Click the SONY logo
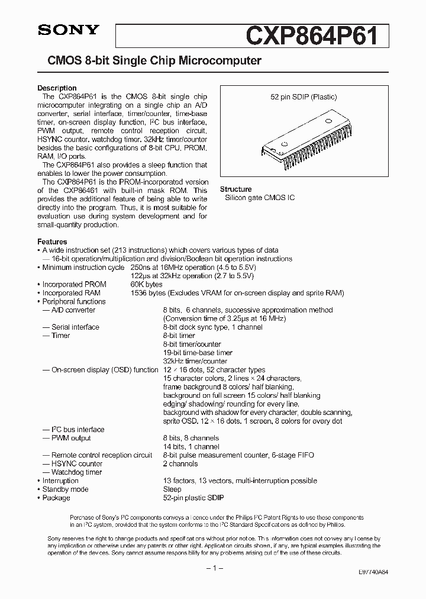pyautogui.click(x=60, y=29)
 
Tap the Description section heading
pyautogui.click(x=57, y=88)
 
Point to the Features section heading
pyautogui.click(x=52, y=242)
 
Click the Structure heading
pyautogui.click(x=235, y=189)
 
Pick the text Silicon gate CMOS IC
pyautogui.click(x=259, y=198)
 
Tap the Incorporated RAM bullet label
pyautogui.click(x=74, y=293)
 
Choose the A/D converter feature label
pyautogui.click(x=73, y=310)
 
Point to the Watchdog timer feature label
pyautogui.click(x=76, y=472)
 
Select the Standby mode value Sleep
pyautogui.click(x=172, y=489)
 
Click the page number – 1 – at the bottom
pyautogui.click(x=212, y=568)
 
